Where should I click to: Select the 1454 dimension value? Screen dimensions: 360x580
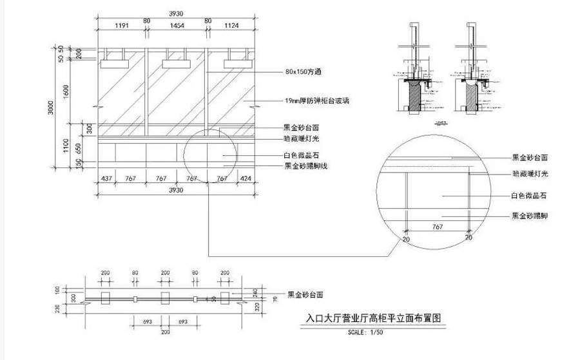(x=177, y=26)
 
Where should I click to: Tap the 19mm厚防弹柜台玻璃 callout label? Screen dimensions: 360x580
(x=316, y=100)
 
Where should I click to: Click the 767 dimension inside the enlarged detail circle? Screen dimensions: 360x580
(x=436, y=227)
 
